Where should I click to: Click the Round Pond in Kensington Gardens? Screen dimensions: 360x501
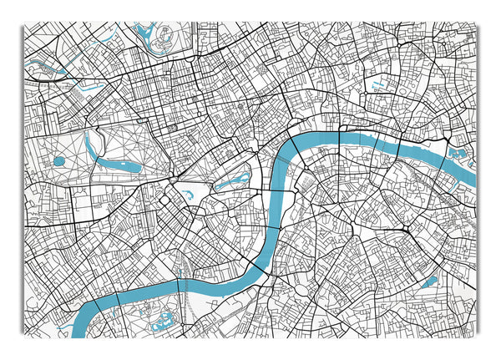click(x=59, y=161)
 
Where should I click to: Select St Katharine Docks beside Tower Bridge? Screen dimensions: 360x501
click(x=458, y=154)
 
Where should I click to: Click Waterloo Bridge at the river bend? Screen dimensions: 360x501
click(x=297, y=147)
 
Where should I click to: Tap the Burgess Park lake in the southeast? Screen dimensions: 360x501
click(x=428, y=282)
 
